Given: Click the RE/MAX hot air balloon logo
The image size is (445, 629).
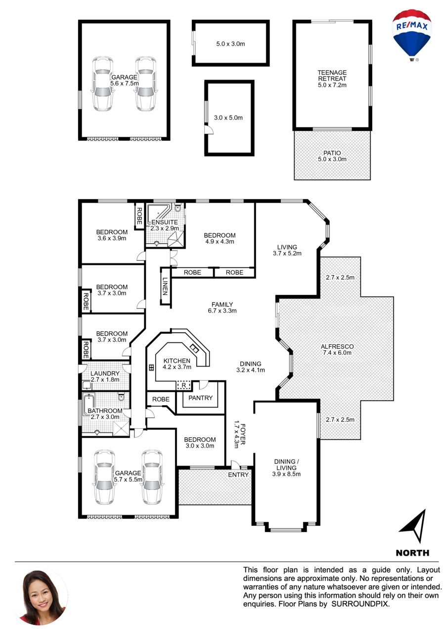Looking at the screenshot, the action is pyautogui.click(x=412, y=36).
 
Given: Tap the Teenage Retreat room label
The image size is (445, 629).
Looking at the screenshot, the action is pyautogui.click(x=332, y=76).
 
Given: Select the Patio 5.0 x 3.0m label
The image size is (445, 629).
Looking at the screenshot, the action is pyautogui.click(x=332, y=156).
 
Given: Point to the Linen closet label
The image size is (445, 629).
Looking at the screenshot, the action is pyautogui.click(x=165, y=286).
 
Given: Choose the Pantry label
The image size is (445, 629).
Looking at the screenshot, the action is pyautogui.click(x=201, y=398).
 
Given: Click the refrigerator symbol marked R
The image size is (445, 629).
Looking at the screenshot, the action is pyautogui.click(x=184, y=385).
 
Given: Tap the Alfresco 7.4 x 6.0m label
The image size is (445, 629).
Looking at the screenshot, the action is pyautogui.click(x=337, y=350).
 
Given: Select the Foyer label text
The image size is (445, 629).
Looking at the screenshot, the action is pyautogui.click(x=243, y=434).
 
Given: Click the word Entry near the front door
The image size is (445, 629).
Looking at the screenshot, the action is pyautogui.click(x=238, y=474).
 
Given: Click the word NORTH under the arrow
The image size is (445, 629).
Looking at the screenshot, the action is pyautogui.click(x=412, y=553).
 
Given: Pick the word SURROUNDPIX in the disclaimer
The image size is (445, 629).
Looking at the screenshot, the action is pyautogui.click(x=360, y=604).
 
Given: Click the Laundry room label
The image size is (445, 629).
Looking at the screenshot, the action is pyautogui.click(x=105, y=373).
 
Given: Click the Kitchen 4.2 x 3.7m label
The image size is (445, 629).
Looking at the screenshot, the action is pyautogui.click(x=177, y=363).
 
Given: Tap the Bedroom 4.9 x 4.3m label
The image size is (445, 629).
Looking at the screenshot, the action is pyautogui.click(x=220, y=238).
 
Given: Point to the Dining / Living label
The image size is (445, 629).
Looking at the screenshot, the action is pyautogui.click(x=286, y=464).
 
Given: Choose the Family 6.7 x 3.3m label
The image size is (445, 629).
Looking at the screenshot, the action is pyautogui.click(x=222, y=307).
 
